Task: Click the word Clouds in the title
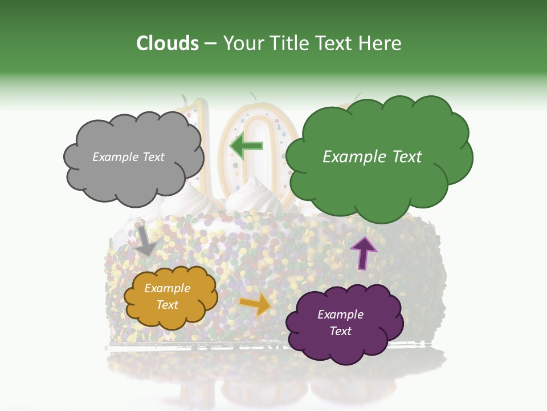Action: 167,43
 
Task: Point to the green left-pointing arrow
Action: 246,146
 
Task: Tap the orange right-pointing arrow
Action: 256,304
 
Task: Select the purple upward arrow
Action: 363,252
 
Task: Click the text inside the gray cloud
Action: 128,157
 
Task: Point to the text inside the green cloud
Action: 372,157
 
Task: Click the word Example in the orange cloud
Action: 167,288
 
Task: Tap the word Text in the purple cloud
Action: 340,331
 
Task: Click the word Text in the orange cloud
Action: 167,305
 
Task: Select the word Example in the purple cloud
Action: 340,315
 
